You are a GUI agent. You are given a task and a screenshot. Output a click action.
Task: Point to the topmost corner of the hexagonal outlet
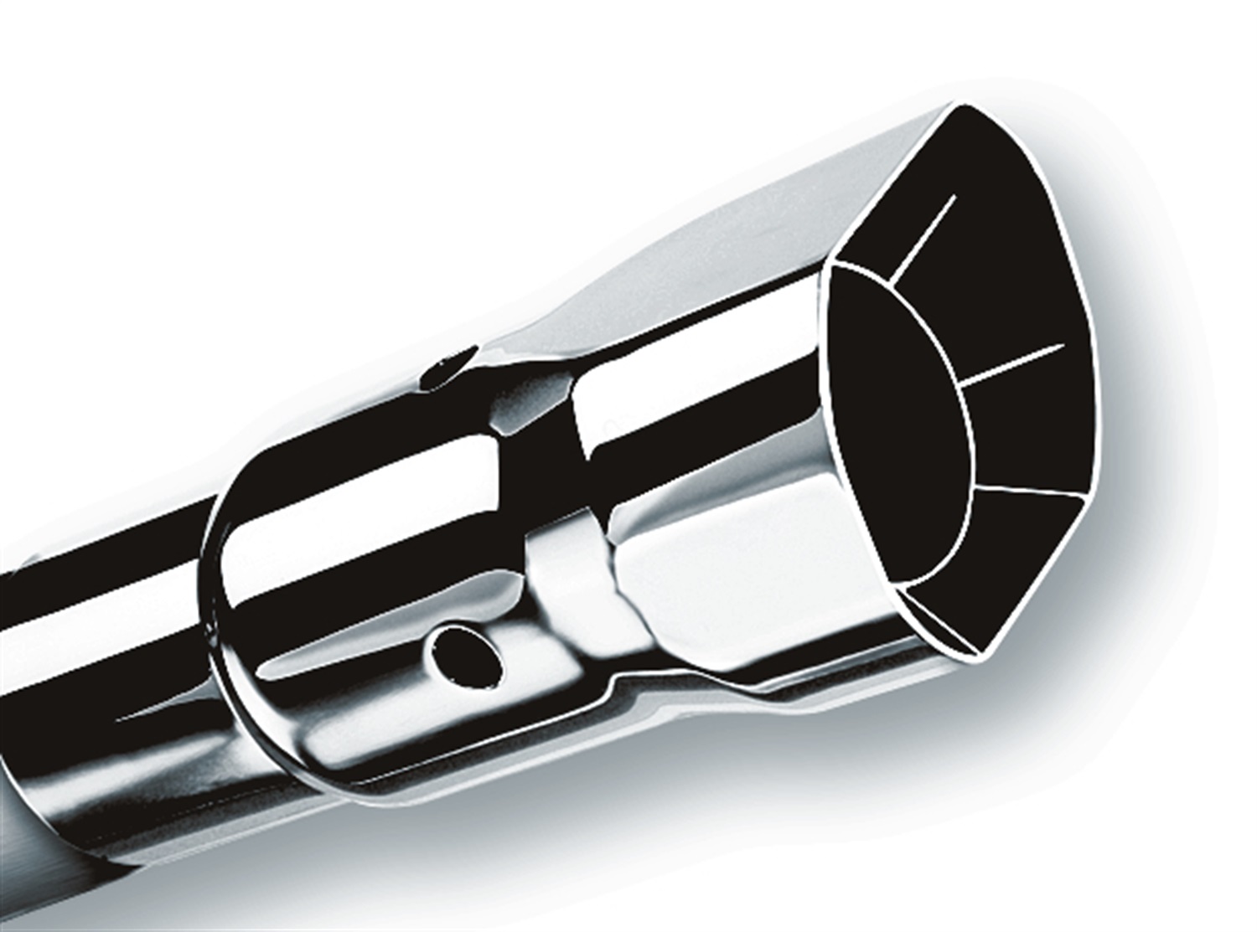point(954,106)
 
